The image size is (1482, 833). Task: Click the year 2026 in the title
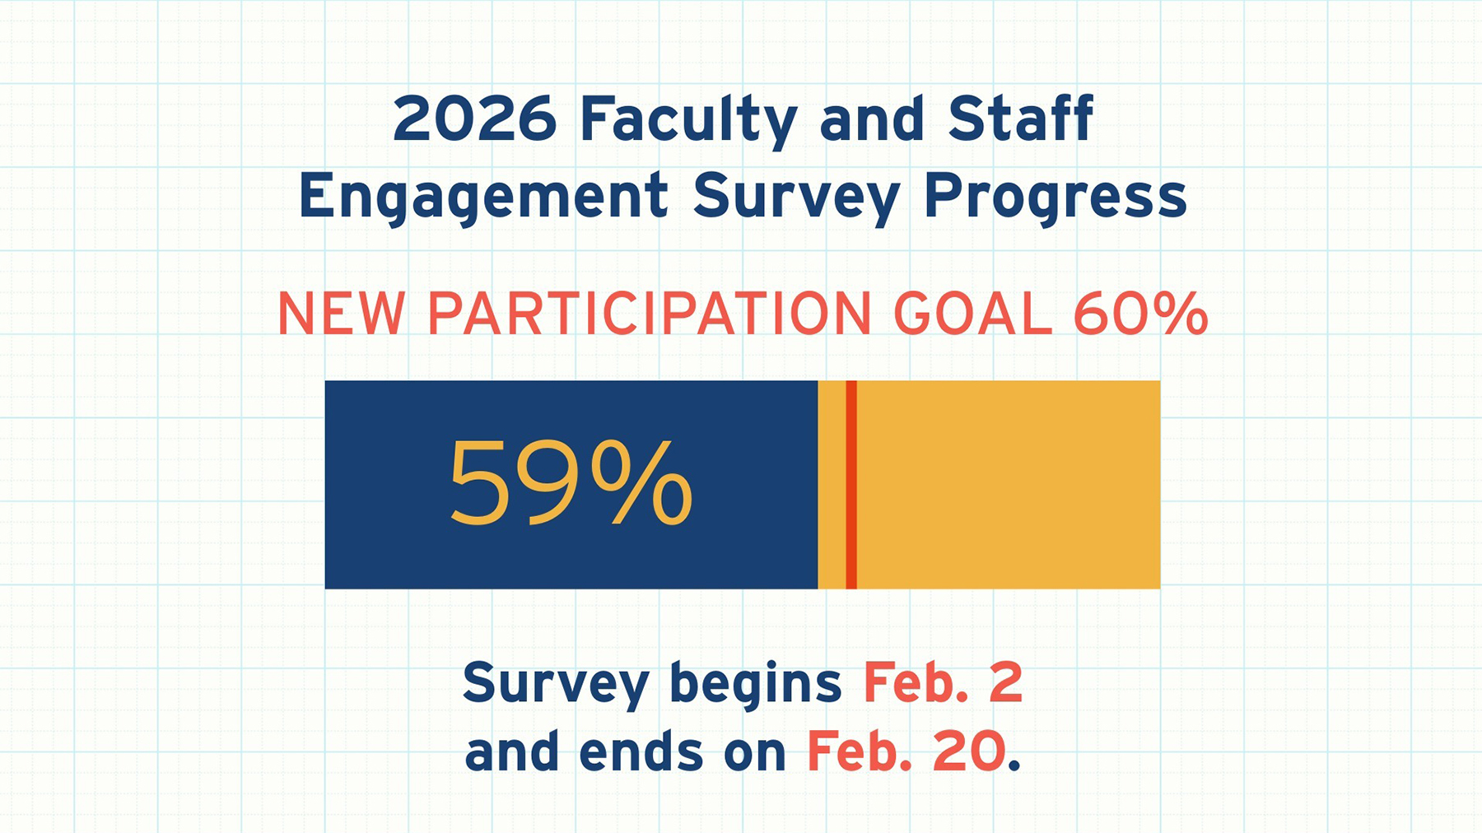point(474,119)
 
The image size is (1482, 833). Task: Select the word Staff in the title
point(1020,119)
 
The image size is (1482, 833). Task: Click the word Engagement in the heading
point(482,198)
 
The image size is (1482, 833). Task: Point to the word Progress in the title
point(1055,198)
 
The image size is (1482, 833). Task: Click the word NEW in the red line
point(341,314)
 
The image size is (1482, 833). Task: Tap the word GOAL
point(972,314)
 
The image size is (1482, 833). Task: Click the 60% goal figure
point(1140,314)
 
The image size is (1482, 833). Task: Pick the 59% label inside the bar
point(570,483)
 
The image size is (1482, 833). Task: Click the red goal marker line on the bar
point(851,485)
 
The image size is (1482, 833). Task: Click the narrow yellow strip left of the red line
point(832,485)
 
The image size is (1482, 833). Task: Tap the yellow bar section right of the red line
point(1009,485)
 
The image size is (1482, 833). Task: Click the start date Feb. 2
point(943,682)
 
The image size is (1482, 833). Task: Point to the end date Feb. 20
point(906,752)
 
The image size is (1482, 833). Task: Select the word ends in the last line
point(641,752)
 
